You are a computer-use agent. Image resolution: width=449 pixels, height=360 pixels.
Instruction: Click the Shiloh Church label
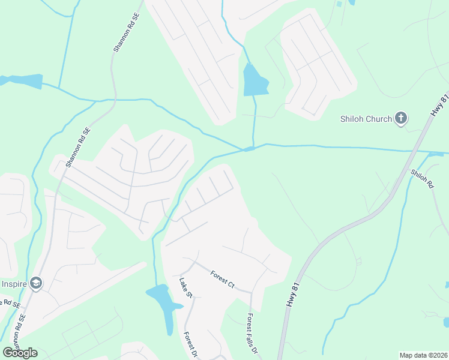365,119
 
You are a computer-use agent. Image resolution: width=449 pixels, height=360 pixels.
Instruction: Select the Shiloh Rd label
421,179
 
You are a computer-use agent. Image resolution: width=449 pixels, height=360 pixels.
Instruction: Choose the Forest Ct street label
222,280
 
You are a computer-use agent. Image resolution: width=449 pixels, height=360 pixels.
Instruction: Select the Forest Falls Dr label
253,333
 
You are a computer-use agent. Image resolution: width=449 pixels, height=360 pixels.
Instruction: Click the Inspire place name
13,283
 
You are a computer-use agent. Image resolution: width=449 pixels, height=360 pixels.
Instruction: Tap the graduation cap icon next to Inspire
36,283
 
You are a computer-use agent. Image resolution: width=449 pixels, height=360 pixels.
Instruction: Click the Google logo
20,353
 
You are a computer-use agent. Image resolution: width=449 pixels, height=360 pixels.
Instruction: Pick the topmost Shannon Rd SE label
126,34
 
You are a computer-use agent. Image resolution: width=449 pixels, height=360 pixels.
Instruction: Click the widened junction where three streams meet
249,149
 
